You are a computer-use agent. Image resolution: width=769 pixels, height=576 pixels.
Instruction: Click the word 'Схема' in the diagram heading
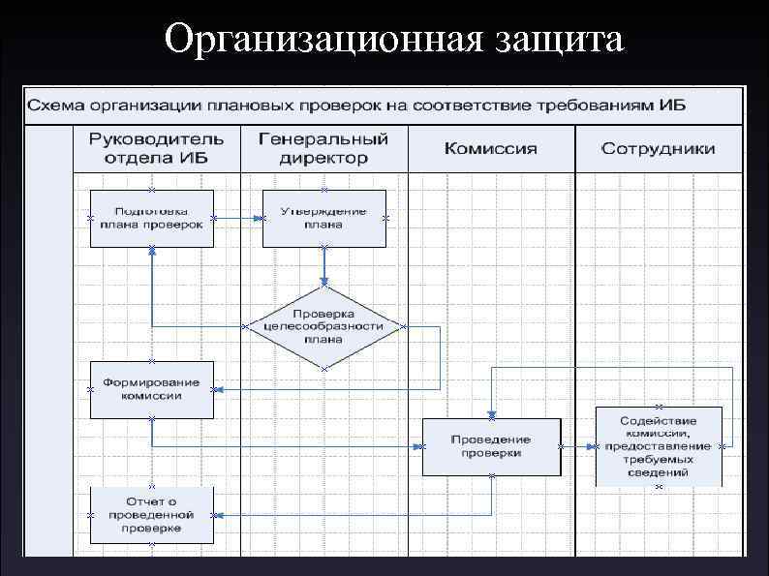[x=56, y=104]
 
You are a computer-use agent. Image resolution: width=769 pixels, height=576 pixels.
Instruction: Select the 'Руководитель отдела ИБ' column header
[x=157, y=147]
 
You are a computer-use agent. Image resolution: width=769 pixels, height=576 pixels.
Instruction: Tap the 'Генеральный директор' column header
[x=323, y=147]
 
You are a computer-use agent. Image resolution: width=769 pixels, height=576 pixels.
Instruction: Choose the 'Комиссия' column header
[x=490, y=148]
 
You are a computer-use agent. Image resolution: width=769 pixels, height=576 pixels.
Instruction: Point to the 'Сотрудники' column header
[x=659, y=148]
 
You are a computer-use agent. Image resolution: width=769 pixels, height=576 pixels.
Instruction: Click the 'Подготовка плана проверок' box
[x=152, y=218]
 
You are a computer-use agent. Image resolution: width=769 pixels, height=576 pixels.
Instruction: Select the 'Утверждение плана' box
[x=323, y=218]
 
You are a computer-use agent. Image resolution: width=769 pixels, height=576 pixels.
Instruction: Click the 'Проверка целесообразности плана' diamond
[x=323, y=326]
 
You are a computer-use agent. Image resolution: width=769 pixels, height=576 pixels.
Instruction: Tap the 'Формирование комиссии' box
[x=152, y=389]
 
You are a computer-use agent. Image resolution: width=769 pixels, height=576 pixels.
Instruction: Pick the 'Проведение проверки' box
[x=491, y=446]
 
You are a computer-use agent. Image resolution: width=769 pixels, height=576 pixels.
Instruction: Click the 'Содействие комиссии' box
[x=659, y=446]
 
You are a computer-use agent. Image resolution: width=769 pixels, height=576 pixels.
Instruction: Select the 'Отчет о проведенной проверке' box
[x=152, y=514]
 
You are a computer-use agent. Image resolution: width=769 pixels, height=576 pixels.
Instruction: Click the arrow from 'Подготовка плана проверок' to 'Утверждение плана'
[x=238, y=218]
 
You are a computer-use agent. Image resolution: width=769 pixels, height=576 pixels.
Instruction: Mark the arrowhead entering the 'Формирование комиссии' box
[x=220, y=389]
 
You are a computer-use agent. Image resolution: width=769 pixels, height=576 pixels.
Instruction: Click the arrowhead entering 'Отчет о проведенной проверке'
[x=220, y=514]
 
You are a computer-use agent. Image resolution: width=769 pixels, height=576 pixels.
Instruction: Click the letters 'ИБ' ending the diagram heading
[x=673, y=104]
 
